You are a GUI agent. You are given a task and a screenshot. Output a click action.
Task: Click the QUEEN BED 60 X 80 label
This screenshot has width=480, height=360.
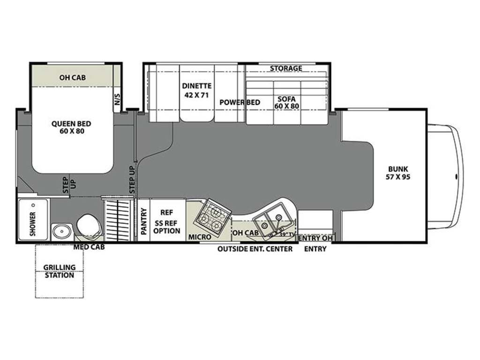pyautogui.click(x=71, y=127)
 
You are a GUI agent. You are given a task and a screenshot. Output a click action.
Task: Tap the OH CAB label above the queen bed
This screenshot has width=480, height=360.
pyautogui.click(x=73, y=78)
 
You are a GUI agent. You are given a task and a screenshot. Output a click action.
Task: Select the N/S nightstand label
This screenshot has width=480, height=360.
pyautogui.click(x=118, y=99)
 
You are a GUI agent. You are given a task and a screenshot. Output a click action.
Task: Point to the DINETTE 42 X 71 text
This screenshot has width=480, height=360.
pyautogui.click(x=196, y=90)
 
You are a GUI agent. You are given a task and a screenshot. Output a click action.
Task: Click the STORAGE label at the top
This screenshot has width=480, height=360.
pyautogui.click(x=286, y=68)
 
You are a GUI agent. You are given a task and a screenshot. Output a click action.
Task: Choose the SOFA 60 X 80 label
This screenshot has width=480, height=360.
pyautogui.click(x=286, y=103)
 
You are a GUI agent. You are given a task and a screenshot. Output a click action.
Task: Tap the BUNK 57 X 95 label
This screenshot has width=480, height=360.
pyautogui.click(x=398, y=173)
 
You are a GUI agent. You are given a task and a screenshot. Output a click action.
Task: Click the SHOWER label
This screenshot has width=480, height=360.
pyautogui.click(x=33, y=224)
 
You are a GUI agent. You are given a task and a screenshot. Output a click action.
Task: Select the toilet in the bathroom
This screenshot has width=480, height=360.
pyautogui.click(x=89, y=226)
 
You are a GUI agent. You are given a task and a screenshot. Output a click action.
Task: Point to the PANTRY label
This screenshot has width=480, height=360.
pyautogui.click(x=143, y=221)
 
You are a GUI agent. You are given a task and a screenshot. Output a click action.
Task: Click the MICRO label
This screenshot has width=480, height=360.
pyautogui.click(x=200, y=237)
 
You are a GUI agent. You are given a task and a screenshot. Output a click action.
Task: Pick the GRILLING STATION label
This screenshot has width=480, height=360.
pyautogui.click(x=60, y=271)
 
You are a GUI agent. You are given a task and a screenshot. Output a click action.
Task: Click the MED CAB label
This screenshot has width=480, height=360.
pyautogui.click(x=89, y=247)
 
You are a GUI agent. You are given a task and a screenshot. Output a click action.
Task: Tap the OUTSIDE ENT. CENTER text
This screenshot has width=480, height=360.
pyautogui.click(x=255, y=249)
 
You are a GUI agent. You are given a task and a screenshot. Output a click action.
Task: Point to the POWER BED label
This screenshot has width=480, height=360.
pyautogui.click(x=240, y=102)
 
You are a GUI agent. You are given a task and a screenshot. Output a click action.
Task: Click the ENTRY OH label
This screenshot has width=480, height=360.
pyautogui.click(x=315, y=238)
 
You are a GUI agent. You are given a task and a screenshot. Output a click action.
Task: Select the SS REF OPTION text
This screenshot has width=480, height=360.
pyautogui.click(x=167, y=227)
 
